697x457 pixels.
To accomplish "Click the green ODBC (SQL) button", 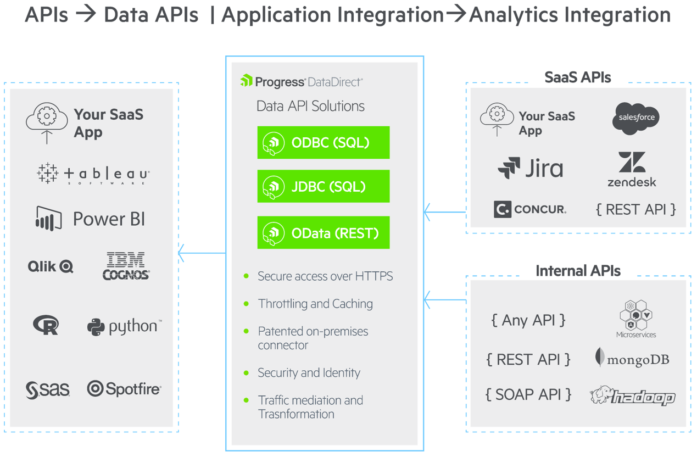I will [x=323, y=143].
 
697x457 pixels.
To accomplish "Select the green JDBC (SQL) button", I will [x=323, y=187].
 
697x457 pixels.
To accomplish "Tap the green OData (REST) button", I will [x=323, y=233].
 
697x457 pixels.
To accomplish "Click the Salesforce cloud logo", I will [x=636, y=118].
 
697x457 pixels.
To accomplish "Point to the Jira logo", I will [x=530, y=168].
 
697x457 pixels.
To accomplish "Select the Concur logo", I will [x=530, y=209].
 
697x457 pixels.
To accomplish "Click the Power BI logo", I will [x=91, y=219].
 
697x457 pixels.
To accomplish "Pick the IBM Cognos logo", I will [x=126, y=266].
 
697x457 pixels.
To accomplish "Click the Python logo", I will [x=124, y=326].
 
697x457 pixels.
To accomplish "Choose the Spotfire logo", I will [x=124, y=389].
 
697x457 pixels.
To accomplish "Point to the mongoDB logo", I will [x=632, y=359].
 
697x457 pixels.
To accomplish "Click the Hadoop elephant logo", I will [x=632, y=395].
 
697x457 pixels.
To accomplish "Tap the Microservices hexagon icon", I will [x=635, y=315].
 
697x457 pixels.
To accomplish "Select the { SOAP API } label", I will [x=528, y=394].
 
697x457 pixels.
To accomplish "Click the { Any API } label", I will [x=528, y=320].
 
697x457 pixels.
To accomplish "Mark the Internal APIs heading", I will [x=578, y=271].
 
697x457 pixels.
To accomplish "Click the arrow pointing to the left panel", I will [x=201, y=253].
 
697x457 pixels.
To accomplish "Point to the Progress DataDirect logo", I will [x=302, y=82].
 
